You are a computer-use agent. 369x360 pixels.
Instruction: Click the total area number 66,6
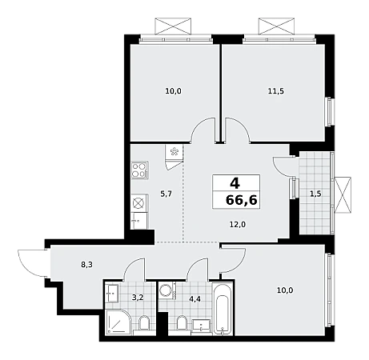click(x=242, y=200)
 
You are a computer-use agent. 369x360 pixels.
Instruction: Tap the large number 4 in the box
click(x=235, y=183)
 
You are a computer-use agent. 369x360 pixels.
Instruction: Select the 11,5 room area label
click(x=276, y=91)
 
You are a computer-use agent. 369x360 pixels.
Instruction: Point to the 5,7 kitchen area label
click(x=166, y=194)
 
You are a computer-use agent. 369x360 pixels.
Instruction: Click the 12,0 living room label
click(x=238, y=225)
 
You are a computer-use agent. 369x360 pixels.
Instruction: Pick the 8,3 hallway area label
click(x=86, y=265)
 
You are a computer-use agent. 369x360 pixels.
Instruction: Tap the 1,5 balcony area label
click(x=315, y=194)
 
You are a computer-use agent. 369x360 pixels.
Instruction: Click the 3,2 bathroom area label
click(x=138, y=297)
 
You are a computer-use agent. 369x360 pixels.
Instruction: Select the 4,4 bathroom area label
click(x=195, y=299)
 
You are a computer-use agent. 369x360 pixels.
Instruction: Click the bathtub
click(x=223, y=309)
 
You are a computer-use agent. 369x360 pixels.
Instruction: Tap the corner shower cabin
click(x=119, y=322)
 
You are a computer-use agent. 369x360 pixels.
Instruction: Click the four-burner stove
click(x=139, y=170)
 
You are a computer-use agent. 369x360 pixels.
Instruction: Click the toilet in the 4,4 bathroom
click(x=182, y=324)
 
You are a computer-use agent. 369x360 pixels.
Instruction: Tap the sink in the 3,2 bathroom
click(x=112, y=294)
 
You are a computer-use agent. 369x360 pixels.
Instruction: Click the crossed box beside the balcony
click(x=343, y=195)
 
